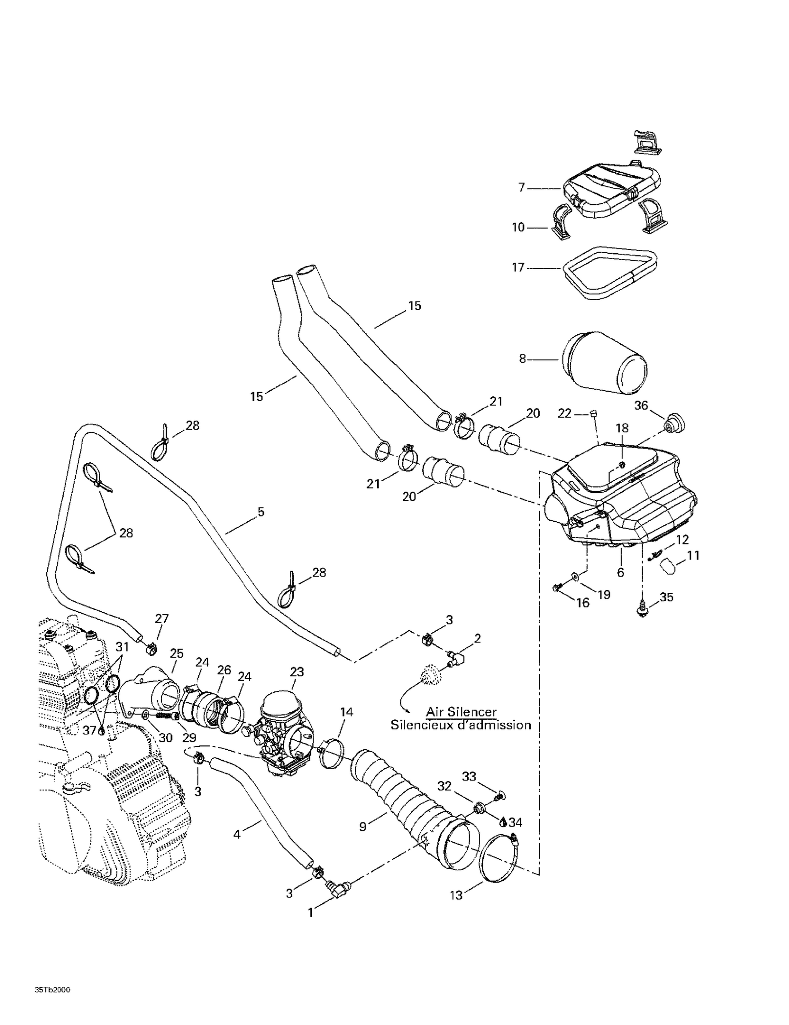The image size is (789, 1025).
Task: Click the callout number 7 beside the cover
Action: pos(521,187)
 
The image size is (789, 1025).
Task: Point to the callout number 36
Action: pos(641,405)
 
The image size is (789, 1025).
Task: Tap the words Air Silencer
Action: pos(461,712)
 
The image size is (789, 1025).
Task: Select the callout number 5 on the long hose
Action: pos(261,512)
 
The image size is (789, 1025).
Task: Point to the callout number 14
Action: pos(346,712)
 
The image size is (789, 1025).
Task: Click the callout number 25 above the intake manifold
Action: pos(177,653)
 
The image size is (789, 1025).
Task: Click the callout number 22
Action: pos(564,413)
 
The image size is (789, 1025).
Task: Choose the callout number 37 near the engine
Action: pos(89,731)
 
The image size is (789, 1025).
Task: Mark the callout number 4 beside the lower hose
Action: pos(237,834)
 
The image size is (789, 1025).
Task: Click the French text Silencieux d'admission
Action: pos(461,725)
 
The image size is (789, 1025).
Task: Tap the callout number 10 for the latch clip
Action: pos(518,227)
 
